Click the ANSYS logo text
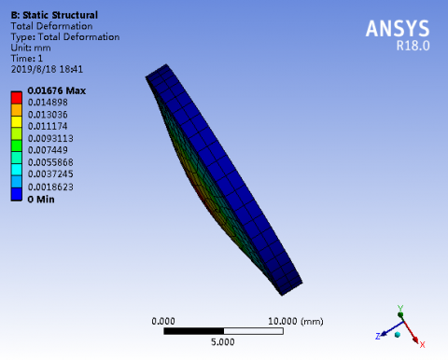398,29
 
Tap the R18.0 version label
413,46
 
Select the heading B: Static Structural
54,15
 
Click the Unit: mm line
31,48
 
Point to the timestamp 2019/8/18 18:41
47,69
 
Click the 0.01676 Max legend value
57,90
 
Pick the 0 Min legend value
41,200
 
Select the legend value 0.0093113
50,138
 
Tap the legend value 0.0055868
50,162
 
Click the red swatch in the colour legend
17,98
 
